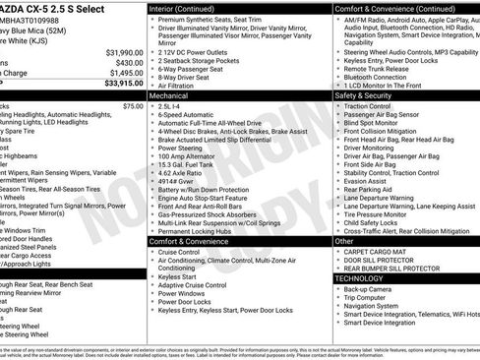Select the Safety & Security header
click(363, 96)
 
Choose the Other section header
click(344, 240)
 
